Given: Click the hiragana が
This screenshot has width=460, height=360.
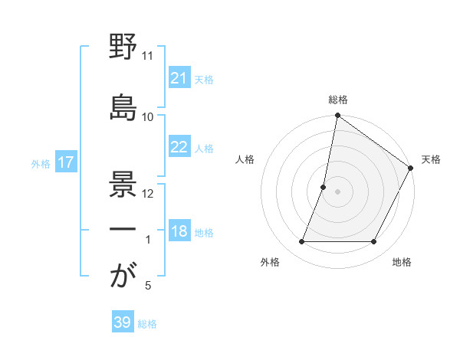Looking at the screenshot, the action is pos(123,275).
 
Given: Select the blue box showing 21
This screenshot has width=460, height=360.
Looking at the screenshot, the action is pos(179,77).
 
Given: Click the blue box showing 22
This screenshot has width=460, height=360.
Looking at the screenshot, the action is pos(179,147).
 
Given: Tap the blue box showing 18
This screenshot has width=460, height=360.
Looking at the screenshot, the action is pos(179,231).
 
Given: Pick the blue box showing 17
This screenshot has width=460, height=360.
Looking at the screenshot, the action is pos(65,162).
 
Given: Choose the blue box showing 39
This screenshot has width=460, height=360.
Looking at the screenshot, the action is pos(122,322).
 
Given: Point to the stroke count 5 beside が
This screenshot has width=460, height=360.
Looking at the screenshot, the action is pos(147,286).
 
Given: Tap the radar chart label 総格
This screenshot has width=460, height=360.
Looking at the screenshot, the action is pos(337,100).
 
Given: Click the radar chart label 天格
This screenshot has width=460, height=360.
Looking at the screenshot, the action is pos(431,159).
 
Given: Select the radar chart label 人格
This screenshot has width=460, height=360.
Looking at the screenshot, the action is pos(245,159).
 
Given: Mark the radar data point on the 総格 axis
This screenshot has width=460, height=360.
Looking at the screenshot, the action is pos(337,116).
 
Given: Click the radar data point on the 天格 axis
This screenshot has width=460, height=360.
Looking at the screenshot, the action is pos(412,168).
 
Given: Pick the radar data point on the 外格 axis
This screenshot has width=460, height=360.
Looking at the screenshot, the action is pos(301,242).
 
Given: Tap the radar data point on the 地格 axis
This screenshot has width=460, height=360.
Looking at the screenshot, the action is pos(374,242).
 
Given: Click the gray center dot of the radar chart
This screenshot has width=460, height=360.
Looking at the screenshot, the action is pos(337,191).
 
